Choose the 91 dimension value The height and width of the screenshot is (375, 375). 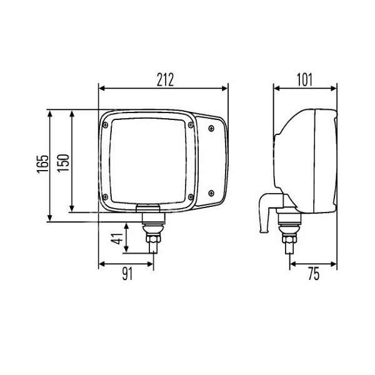click(x=127, y=274)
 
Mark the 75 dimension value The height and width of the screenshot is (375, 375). click(x=314, y=274)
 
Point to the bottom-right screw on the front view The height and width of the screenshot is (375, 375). click(x=211, y=193)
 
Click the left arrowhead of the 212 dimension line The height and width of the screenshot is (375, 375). click(x=102, y=88)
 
